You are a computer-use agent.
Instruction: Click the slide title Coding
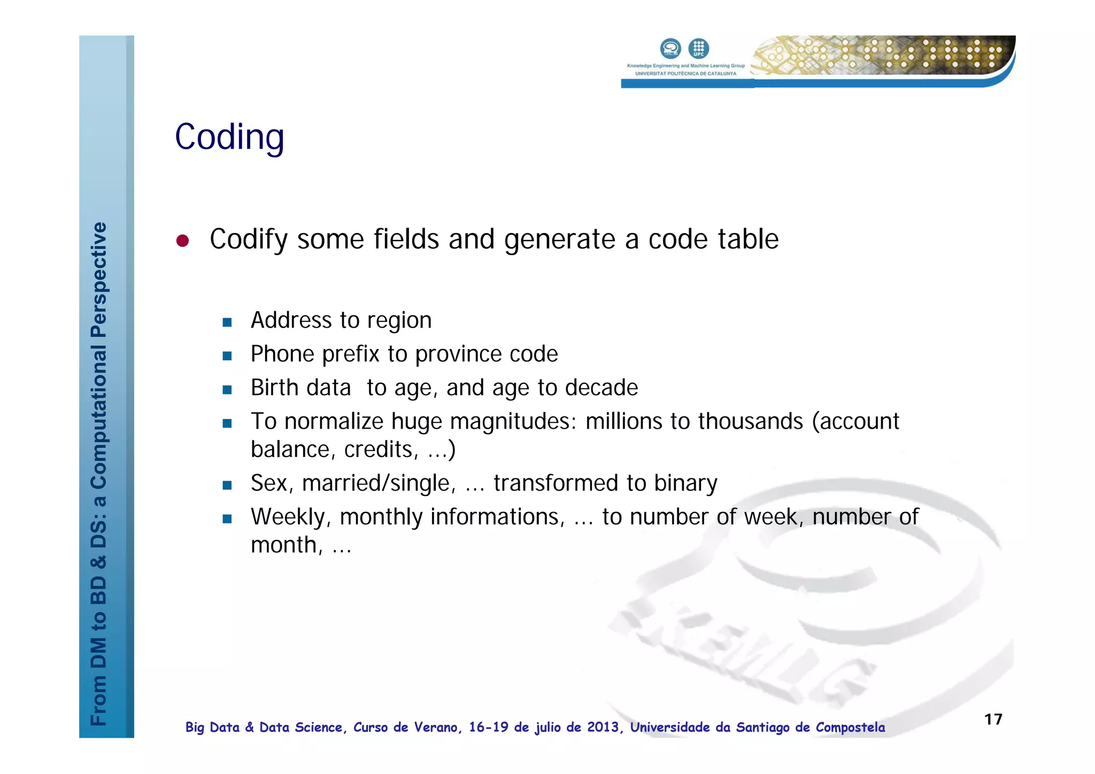229,137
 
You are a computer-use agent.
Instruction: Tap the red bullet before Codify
183,241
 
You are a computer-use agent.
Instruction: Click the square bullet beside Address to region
227,322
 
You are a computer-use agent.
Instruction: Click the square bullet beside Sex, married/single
227,485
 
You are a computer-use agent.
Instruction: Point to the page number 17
993,719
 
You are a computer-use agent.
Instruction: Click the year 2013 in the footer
603,727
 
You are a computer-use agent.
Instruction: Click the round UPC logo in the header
698,49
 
